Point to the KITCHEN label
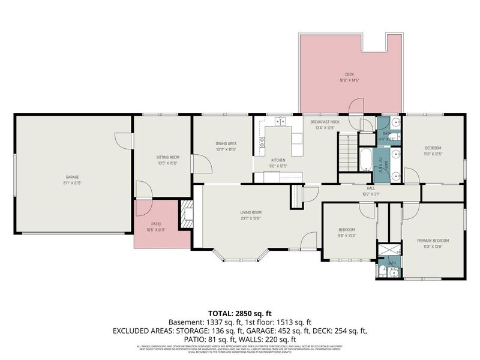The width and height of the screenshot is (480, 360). (278, 160)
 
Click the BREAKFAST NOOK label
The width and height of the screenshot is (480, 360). (325, 122)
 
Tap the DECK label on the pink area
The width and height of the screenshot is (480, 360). (349, 75)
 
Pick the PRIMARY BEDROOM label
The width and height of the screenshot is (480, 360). (433, 241)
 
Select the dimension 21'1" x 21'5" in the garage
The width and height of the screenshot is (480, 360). (73, 182)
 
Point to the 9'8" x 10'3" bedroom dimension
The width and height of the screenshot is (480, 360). (347, 235)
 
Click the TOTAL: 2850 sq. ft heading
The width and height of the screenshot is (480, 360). (240, 313)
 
